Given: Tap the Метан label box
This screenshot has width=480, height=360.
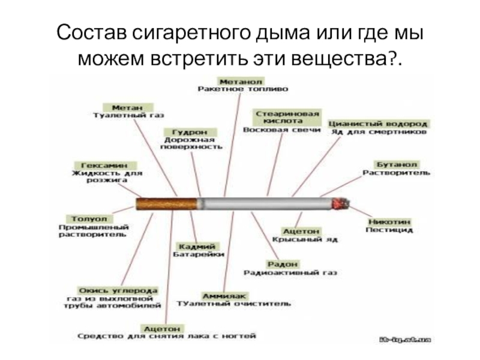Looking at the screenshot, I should tap(118, 106).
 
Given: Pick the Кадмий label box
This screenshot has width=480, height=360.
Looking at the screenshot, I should tap(197, 246).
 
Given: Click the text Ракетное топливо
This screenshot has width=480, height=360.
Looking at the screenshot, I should tap(243, 89).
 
